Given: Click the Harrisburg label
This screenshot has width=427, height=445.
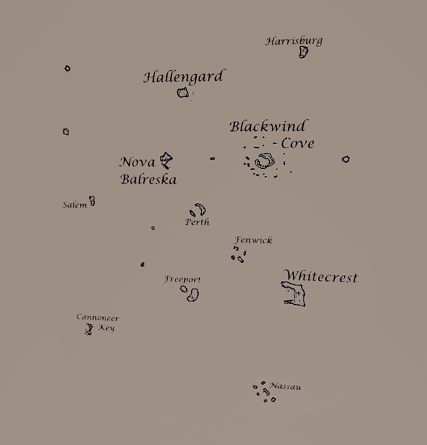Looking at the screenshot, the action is click(294, 41).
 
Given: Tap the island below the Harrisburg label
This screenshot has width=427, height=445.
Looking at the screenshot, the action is click(304, 52).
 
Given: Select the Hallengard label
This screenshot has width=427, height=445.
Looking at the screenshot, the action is click(184, 77).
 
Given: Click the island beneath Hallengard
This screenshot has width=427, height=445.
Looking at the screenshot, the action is click(183, 93).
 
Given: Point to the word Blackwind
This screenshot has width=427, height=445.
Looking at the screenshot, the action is click(269, 126).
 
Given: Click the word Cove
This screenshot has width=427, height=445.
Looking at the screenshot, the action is click(298, 143).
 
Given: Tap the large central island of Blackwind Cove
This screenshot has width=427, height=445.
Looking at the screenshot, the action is click(265, 161).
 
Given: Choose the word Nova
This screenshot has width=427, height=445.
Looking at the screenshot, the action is click(137, 162).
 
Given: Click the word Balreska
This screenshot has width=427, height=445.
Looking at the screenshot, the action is click(148, 179).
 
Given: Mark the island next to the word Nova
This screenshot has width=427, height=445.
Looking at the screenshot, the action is click(166, 161).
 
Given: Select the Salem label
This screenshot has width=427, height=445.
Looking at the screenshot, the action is click(75, 204).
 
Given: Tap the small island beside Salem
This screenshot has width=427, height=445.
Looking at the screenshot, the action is click(92, 200).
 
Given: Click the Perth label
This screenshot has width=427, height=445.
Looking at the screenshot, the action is click(197, 222).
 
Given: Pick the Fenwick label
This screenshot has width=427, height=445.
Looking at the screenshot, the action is click(253, 241).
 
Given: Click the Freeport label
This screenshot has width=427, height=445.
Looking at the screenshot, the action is click(182, 280).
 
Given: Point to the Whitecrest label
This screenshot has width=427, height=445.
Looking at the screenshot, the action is click(321, 276).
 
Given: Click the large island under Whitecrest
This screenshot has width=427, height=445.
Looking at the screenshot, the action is click(294, 294).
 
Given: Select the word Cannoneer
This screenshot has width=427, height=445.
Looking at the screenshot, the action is click(98, 317).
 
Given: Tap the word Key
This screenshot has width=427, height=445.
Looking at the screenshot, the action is click(106, 328).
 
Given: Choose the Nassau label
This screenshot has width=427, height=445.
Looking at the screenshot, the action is click(285, 386).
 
